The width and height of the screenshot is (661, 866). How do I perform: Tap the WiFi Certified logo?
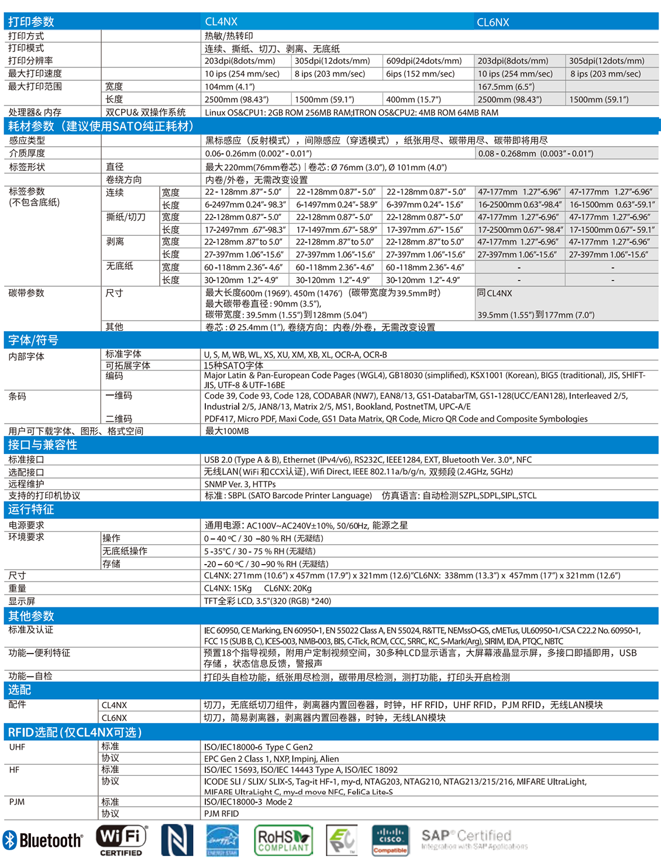(x=122, y=840)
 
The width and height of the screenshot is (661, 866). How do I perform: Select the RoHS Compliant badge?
(x=284, y=840)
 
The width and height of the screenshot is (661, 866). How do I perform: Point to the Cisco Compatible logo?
(x=390, y=840)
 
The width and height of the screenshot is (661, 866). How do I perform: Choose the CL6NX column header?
(x=493, y=22)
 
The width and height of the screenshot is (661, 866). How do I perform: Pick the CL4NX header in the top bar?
(x=221, y=22)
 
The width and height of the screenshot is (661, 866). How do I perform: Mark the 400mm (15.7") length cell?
(x=414, y=99)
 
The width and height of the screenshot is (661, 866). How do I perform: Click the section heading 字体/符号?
(x=33, y=340)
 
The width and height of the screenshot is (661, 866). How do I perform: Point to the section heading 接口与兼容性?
(x=43, y=445)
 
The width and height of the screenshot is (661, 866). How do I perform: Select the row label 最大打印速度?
(x=35, y=74)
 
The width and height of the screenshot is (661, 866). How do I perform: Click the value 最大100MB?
(x=227, y=431)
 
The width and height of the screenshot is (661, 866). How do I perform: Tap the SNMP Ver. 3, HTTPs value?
(x=240, y=484)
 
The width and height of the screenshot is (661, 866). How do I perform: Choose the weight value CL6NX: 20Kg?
(x=288, y=588)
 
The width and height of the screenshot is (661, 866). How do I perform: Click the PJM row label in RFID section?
(x=17, y=802)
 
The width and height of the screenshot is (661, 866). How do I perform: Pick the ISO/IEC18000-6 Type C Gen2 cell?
(x=258, y=747)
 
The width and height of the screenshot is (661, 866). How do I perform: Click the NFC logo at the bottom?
(x=177, y=840)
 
